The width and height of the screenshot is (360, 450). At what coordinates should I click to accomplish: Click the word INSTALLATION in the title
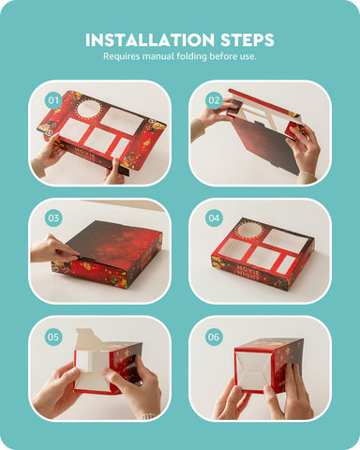pyautogui.click(x=150, y=40)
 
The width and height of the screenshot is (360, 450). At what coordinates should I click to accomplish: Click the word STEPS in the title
pyautogui.click(x=247, y=40)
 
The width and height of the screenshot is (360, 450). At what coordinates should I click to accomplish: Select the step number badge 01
pyautogui.click(x=53, y=100)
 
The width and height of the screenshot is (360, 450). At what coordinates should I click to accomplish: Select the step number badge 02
pyautogui.click(x=214, y=100)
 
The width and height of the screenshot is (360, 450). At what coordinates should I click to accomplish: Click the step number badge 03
pyautogui.click(x=53, y=217)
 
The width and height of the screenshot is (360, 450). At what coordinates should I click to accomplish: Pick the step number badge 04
pyautogui.click(x=214, y=217)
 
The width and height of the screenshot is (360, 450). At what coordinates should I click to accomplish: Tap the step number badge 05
pyautogui.click(x=53, y=337)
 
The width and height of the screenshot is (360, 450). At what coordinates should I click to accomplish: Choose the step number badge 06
pyautogui.click(x=214, y=337)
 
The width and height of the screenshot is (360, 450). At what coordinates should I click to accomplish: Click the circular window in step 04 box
pyautogui.click(x=249, y=231)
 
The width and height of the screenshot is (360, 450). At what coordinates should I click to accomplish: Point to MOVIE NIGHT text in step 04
pyautogui.click(x=247, y=272)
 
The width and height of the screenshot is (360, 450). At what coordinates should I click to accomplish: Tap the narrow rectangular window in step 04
pyautogui.click(x=286, y=264)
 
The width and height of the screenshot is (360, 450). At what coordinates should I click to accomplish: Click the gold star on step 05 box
pyautogui.click(x=127, y=352)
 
